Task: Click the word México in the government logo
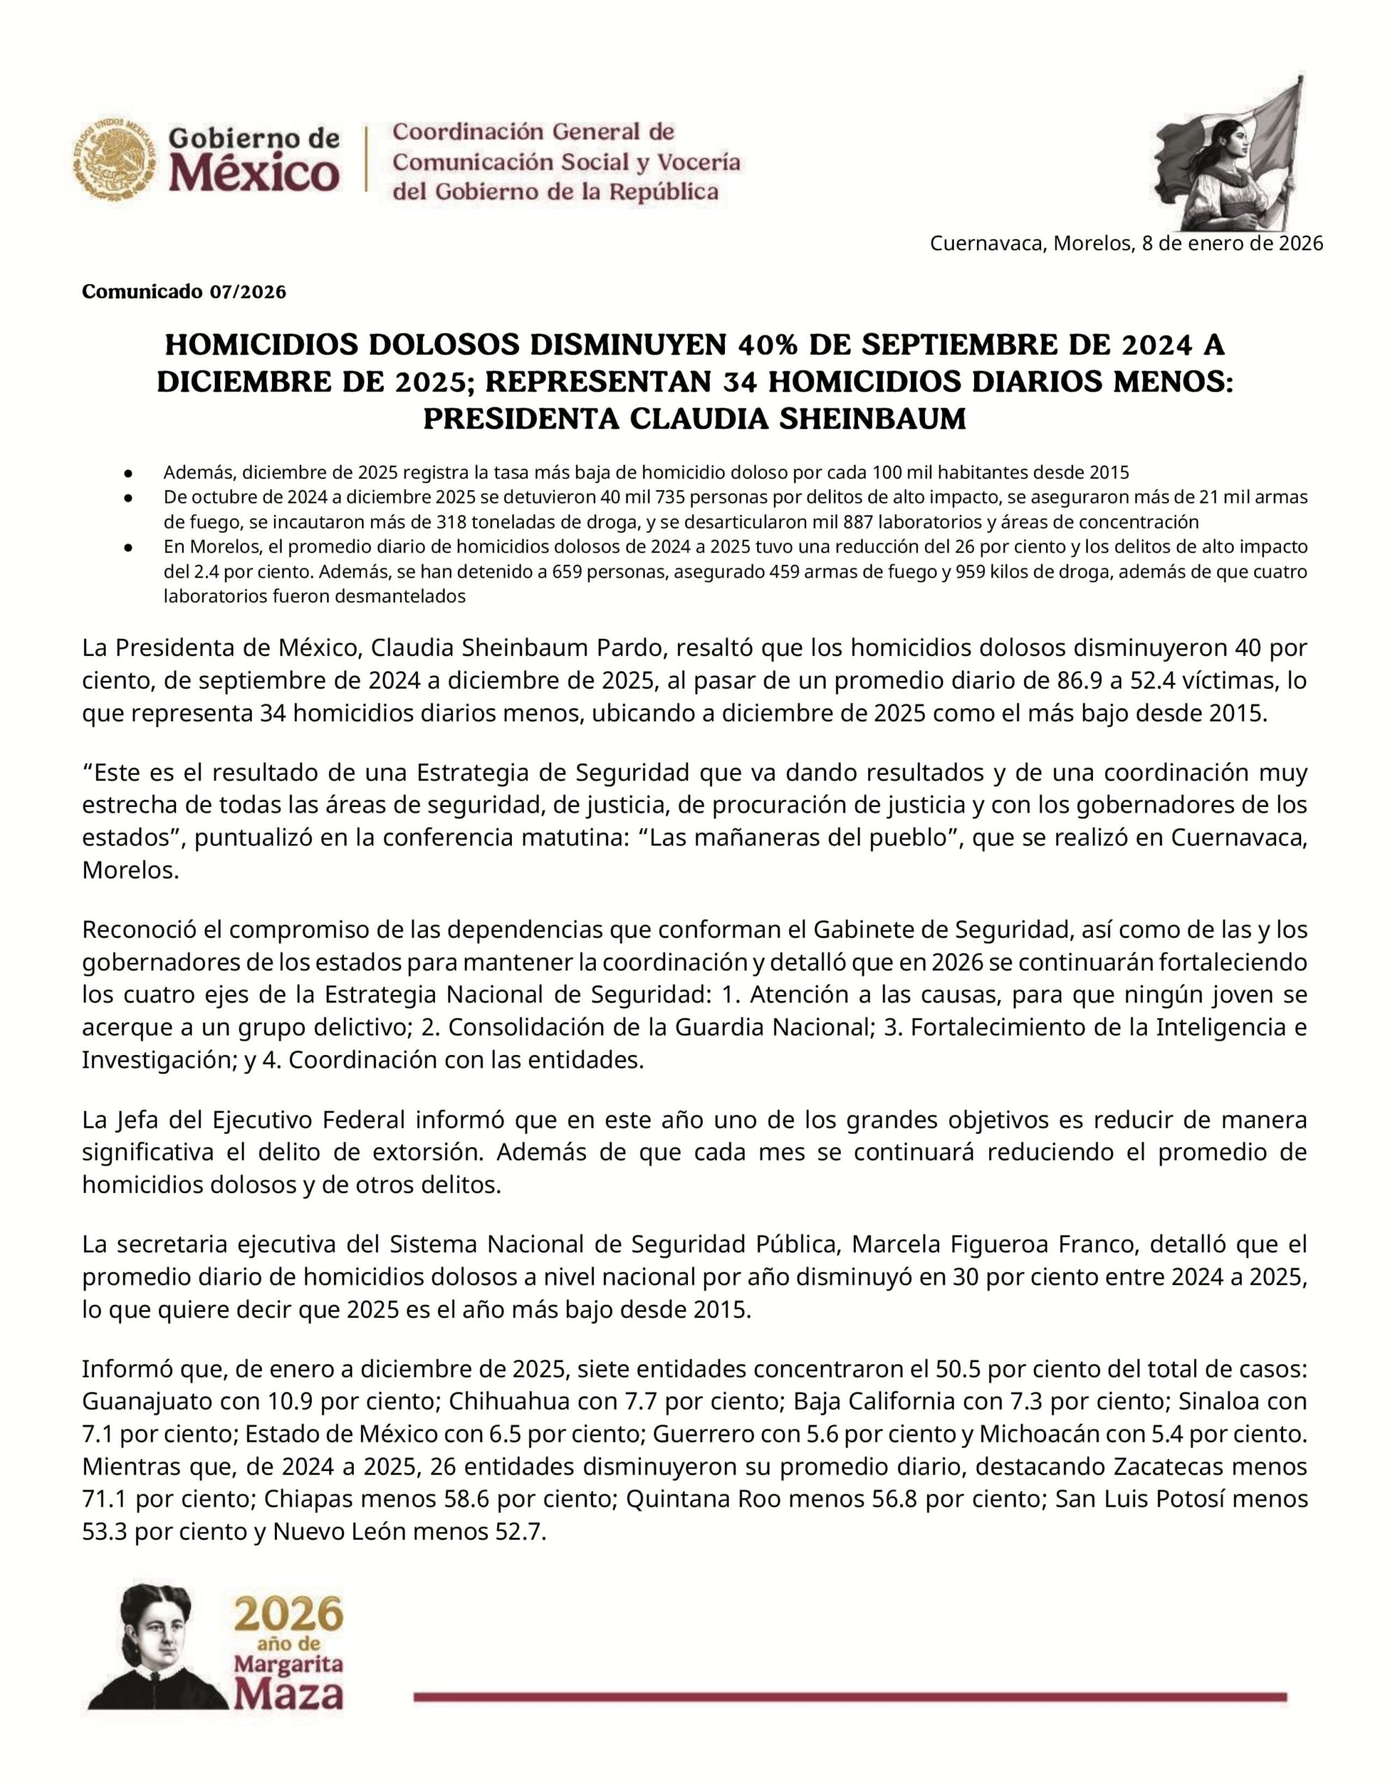click(254, 173)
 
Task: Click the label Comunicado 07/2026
click(184, 292)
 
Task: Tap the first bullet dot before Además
click(129, 473)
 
